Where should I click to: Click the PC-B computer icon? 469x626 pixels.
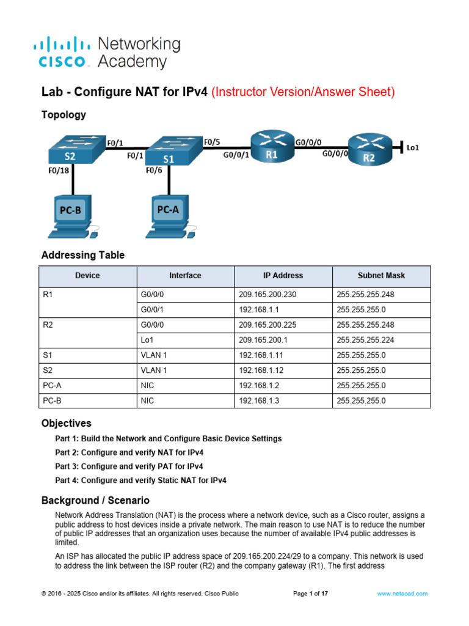(71, 215)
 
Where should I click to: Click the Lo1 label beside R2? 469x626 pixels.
(413, 147)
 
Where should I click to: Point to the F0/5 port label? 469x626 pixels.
(212, 142)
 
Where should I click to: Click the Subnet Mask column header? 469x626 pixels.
(381, 276)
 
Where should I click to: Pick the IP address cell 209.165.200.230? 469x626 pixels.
(267, 295)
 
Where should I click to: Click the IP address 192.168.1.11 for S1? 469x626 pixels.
(259, 355)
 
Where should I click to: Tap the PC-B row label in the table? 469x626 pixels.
(53, 400)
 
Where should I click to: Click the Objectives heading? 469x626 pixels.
(66, 423)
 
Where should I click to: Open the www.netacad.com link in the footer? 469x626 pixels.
(402, 594)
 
